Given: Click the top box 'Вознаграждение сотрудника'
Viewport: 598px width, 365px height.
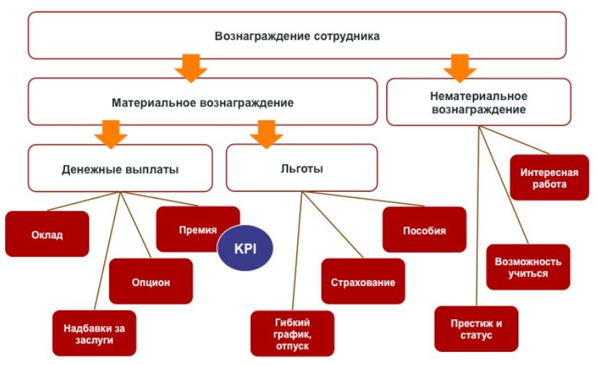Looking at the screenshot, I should pyautogui.click(x=296, y=35).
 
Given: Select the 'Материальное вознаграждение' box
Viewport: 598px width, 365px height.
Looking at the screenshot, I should pyautogui.click(x=202, y=102).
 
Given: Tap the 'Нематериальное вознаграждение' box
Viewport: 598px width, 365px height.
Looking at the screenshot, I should pyautogui.click(x=479, y=102).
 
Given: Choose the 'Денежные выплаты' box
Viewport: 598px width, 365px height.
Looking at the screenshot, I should pyautogui.click(x=120, y=169).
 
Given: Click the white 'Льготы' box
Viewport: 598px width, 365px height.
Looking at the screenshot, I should pyautogui.click(x=302, y=169).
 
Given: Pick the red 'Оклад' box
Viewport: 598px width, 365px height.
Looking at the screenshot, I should pyautogui.click(x=47, y=235).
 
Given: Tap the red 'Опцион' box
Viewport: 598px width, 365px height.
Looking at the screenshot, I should pyautogui.click(x=151, y=282).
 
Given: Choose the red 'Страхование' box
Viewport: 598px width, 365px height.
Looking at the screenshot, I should pyautogui.click(x=363, y=282).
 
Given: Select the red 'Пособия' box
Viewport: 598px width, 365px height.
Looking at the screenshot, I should pyautogui.click(x=424, y=230).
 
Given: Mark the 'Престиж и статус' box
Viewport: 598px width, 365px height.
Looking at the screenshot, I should pyautogui.click(x=474, y=329).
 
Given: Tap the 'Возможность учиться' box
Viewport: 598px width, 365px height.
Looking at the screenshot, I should pyautogui.click(x=528, y=267).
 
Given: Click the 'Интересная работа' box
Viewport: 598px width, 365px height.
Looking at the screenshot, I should pyautogui.click(x=549, y=177).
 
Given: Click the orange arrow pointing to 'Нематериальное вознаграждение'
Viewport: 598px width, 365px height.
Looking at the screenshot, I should pyautogui.click(x=458, y=67).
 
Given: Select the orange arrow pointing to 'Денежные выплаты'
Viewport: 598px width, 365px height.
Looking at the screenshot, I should pyautogui.click(x=111, y=134).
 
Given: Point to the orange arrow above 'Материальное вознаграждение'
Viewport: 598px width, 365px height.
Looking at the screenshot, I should pyautogui.click(x=190, y=67).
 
